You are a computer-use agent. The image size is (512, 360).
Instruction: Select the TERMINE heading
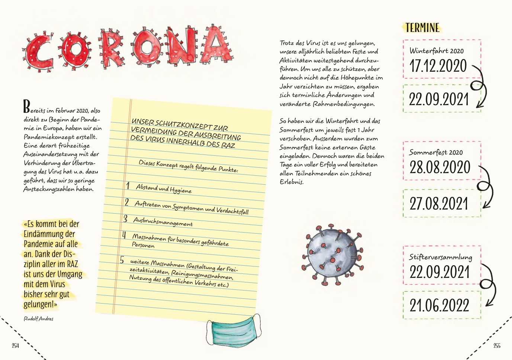pyautogui.click(x=422, y=28)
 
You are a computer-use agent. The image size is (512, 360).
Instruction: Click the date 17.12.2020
pyautogui.click(x=438, y=66)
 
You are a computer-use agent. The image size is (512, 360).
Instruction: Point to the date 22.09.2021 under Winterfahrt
pyautogui.click(x=438, y=99)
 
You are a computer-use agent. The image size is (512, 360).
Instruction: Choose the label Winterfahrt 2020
pyautogui.click(x=437, y=51)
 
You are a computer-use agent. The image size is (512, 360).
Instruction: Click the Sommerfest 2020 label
pyautogui.click(x=436, y=152)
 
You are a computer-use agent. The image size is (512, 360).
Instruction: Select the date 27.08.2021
pyautogui.click(x=439, y=204)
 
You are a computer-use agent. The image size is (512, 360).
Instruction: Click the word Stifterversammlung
pyautogui.click(x=441, y=257)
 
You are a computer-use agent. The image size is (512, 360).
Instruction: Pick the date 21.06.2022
pyautogui.click(x=439, y=305)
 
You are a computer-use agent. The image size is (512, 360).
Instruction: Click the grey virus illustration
pyautogui.click(x=332, y=255)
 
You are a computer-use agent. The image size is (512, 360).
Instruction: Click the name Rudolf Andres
pyautogui.click(x=38, y=319)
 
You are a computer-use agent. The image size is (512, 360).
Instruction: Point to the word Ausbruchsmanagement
pyautogui.click(x=163, y=222)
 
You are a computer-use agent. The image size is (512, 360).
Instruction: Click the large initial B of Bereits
pyautogui.click(x=26, y=107)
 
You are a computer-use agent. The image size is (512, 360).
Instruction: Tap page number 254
pyautogui.click(x=15, y=346)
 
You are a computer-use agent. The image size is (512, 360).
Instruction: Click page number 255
pyautogui.click(x=497, y=346)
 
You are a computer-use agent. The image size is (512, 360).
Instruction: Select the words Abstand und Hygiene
pyautogui.click(x=164, y=189)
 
